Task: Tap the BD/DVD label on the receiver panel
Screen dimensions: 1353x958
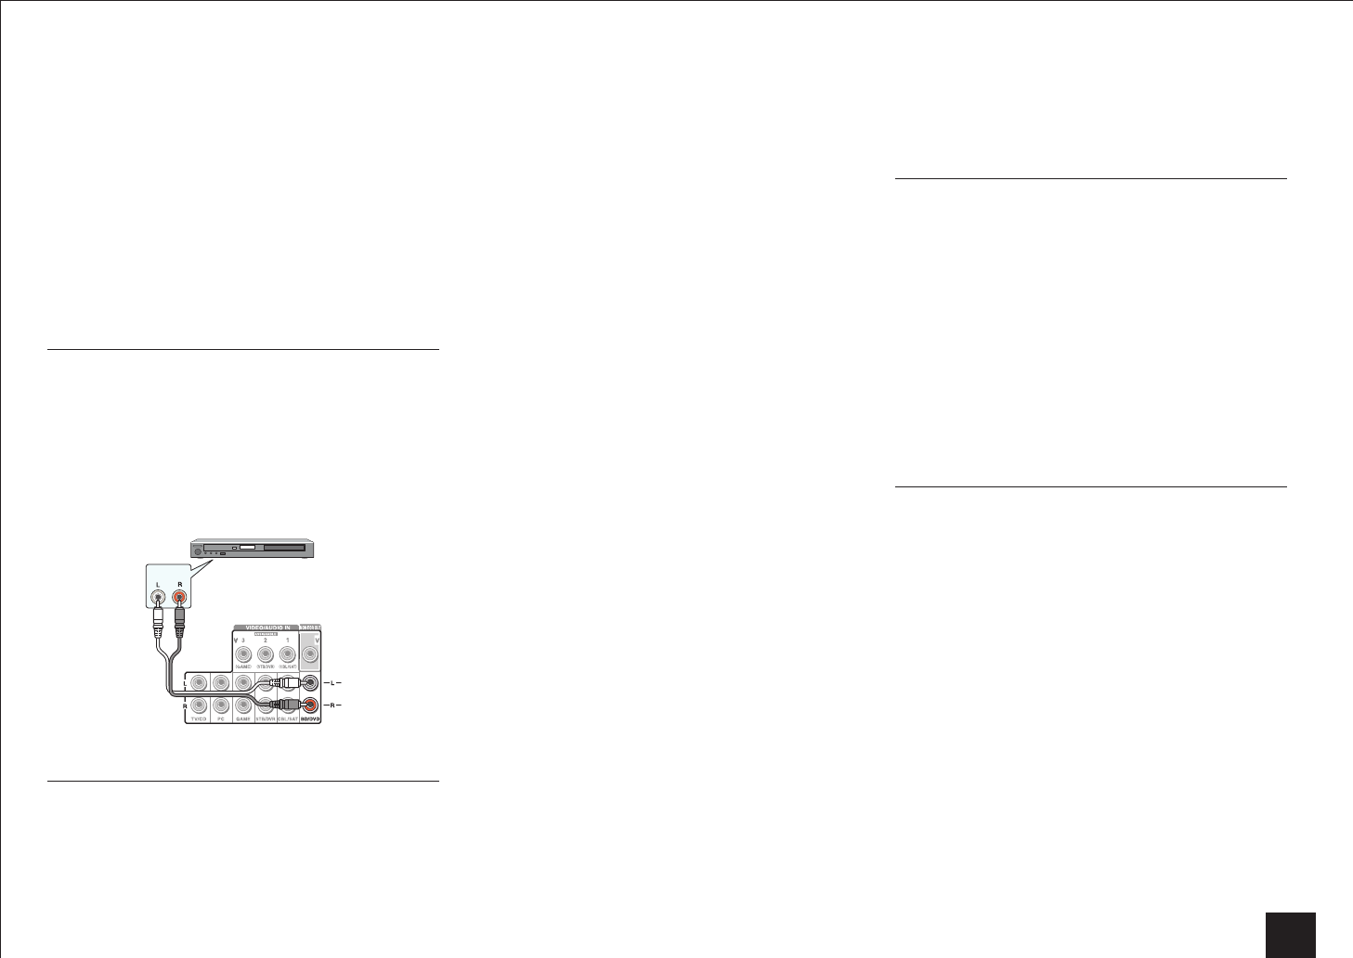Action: click(x=309, y=718)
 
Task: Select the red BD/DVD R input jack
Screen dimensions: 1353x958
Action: click(x=310, y=704)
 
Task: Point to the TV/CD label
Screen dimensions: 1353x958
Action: click(x=198, y=718)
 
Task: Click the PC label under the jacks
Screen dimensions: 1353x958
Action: click(x=220, y=718)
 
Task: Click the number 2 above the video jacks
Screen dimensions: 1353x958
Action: click(x=265, y=641)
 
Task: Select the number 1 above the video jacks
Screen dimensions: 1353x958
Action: click(x=287, y=641)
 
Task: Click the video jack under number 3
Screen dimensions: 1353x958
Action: click(x=242, y=654)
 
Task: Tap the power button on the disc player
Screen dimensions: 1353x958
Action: click(x=197, y=550)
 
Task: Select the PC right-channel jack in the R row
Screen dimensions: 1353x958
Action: click(x=220, y=704)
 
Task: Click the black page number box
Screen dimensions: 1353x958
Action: click(x=1290, y=935)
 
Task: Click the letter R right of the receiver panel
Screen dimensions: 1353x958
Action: click(x=334, y=706)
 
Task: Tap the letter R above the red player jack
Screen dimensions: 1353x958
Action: click(x=179, y=584)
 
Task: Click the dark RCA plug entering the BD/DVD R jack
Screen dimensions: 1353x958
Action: click(x=289, y=704)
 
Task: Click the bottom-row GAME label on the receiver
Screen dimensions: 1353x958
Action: click(x=242, y=718)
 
